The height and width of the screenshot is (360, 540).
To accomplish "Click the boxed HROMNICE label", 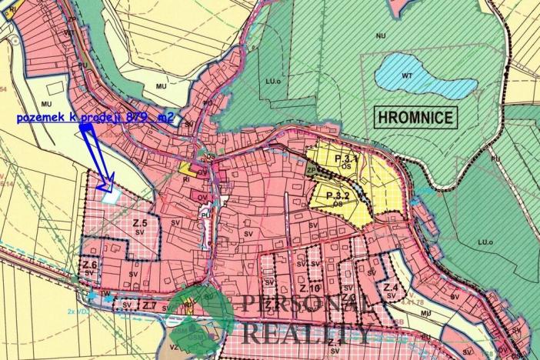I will [416, 117].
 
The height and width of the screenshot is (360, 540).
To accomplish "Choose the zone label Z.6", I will [88, 266].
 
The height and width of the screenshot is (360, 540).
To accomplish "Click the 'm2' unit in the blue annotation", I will [164, 117].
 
